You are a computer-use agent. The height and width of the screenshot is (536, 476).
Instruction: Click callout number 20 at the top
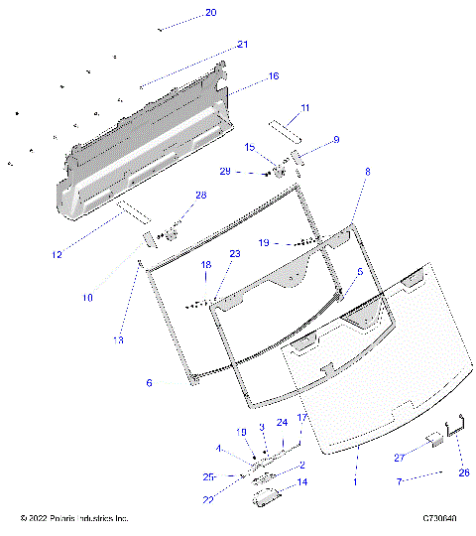(210, 13)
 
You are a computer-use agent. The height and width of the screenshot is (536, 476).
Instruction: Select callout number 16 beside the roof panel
(274, 75)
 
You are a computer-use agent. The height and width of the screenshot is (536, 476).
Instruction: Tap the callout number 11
(305, 107)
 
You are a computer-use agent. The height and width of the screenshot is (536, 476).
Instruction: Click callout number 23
(235, 254)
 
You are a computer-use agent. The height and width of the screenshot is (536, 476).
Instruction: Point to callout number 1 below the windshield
(355, 480)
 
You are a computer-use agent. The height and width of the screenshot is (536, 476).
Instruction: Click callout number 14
(301, 482)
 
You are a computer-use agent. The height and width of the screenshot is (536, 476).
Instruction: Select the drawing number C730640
(439, 519)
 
